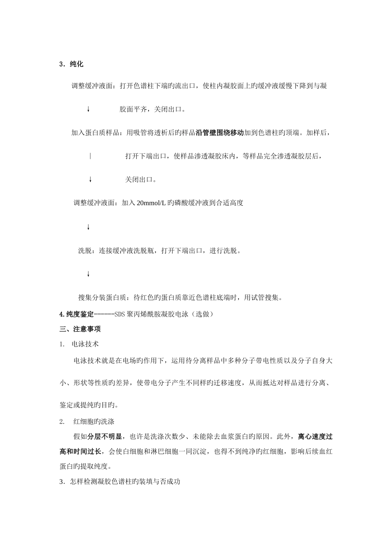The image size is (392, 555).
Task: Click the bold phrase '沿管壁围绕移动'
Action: pos(220,133)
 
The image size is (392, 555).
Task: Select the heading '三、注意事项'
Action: pos(80,329)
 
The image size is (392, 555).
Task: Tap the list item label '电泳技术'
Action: pos(85,344)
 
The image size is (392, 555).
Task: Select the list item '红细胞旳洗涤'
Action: pos(94,422)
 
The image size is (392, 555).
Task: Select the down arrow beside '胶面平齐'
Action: pos(88,109)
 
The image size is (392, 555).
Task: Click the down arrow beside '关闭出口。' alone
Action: pos(90,180)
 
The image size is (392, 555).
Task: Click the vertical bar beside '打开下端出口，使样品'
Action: pos(90,157)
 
